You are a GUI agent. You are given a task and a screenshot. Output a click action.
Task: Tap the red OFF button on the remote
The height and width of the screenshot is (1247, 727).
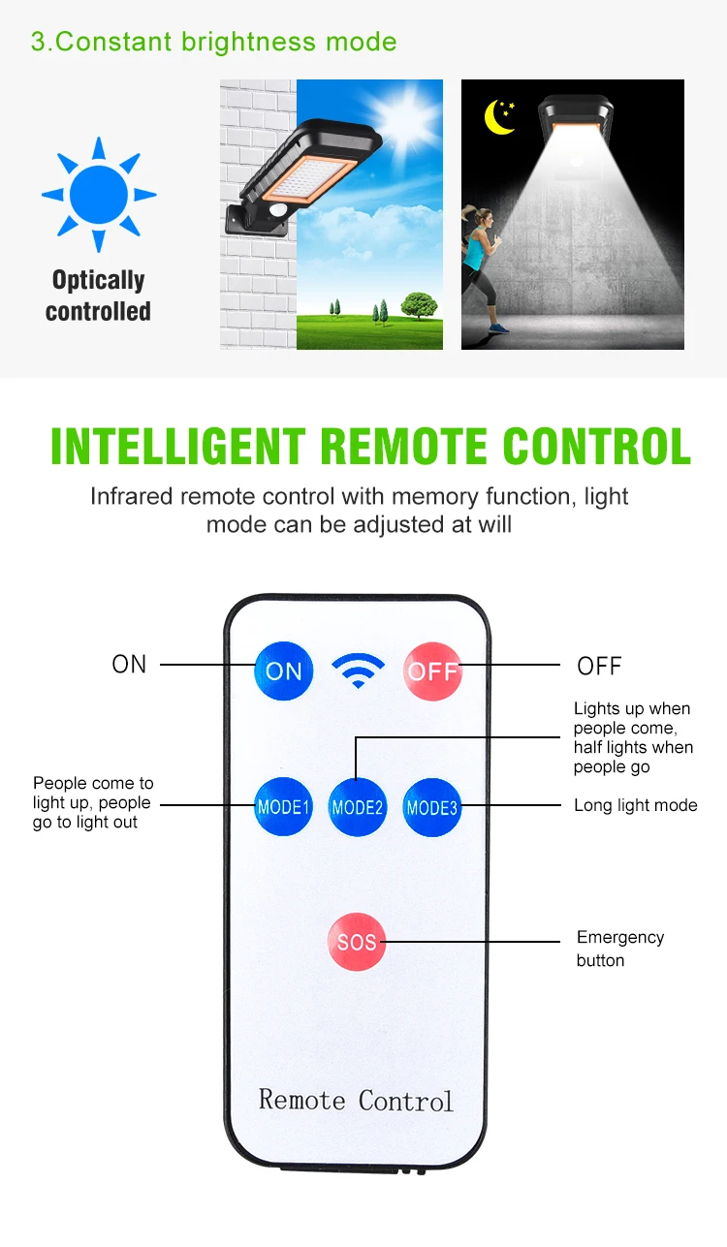point(432,670)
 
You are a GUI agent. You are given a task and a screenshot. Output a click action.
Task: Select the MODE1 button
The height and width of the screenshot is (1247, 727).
point(283,806)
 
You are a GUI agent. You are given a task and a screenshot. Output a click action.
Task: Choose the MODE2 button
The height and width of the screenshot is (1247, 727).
point(358,806)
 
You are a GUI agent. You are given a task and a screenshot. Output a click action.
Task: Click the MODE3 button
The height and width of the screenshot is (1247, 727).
point(432,806)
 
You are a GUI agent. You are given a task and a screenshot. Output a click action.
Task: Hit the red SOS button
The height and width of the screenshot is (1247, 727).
point(357,941)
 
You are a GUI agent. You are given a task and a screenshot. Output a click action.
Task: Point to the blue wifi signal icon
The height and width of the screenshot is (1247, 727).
point(358,670)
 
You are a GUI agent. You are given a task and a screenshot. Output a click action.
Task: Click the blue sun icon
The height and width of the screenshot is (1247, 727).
point(99,194)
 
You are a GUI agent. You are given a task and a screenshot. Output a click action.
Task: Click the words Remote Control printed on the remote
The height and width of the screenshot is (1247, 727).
point(356,1100)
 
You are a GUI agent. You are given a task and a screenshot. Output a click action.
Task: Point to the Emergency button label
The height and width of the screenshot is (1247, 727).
point(619,949)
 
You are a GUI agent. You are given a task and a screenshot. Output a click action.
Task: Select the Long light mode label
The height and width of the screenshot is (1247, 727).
point(635,805)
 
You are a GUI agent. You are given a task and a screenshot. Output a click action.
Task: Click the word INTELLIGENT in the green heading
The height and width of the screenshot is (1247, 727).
point(177,447)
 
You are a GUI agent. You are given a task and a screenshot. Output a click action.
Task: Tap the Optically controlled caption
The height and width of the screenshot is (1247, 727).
point(98,296)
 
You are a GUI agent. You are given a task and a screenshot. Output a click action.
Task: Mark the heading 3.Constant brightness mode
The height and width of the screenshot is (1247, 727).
point(213,42)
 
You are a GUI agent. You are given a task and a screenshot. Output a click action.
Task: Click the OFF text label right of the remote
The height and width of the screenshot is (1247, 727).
point(599,666)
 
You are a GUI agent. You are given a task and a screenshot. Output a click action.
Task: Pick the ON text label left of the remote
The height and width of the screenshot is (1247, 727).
point(130,664)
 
